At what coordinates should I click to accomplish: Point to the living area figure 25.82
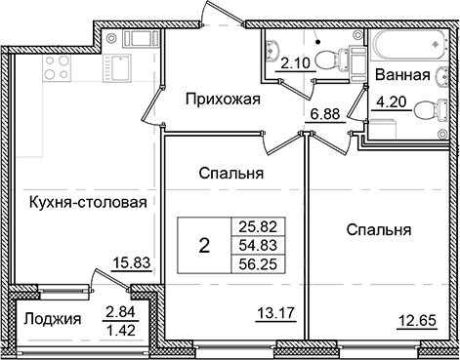(258, 225)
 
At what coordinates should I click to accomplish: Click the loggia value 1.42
(121, 328)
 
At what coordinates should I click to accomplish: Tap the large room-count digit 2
(204, 245)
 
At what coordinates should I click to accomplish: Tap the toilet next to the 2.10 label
(341, 58)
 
